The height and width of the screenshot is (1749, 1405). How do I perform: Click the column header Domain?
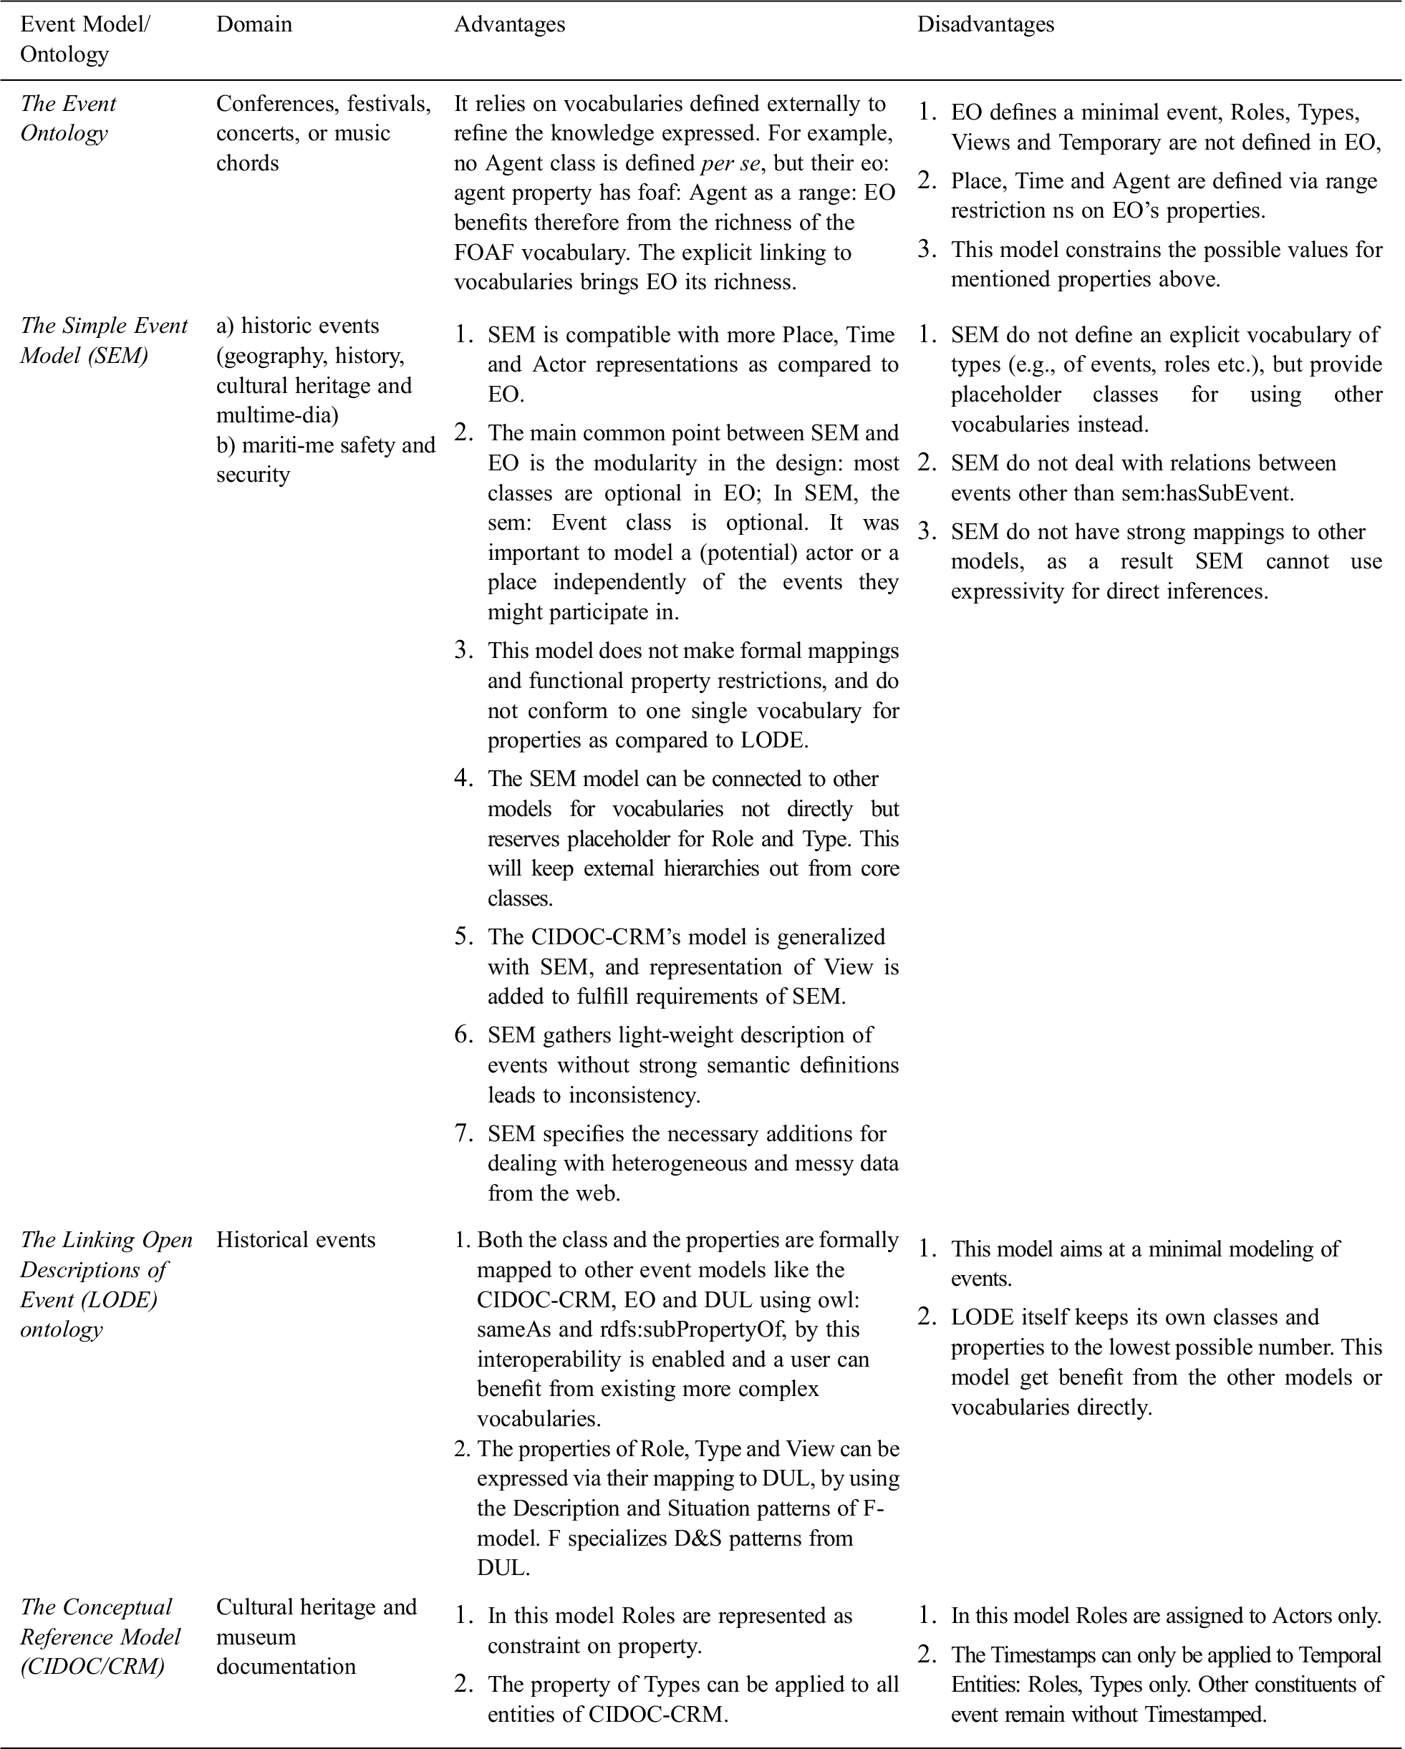click(254, 24)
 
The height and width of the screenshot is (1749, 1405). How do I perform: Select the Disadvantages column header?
click(985, 24)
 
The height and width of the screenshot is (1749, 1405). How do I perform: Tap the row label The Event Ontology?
click(68, 118)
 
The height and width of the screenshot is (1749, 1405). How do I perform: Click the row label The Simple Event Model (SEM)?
click(104, 340)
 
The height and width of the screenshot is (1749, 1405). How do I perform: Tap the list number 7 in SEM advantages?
click(464, 1133)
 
